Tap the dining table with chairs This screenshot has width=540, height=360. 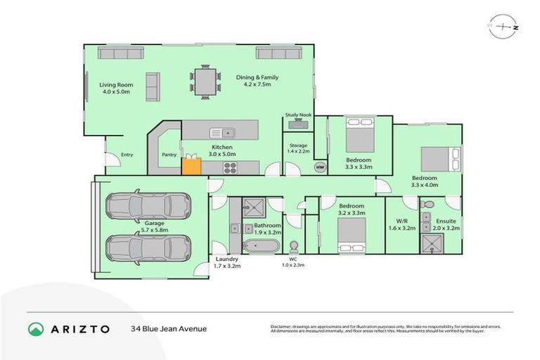click(x=205, y=82)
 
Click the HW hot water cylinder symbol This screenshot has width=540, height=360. click(x=319, y=167)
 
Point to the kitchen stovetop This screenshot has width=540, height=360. click(x=231, y=167)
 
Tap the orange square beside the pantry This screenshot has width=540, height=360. click(x=191, y=166)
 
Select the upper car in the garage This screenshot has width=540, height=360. click(x=148, y=205)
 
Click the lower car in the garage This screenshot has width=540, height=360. click(x=148, y=247)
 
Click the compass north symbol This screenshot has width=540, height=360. click(x=505, y=27)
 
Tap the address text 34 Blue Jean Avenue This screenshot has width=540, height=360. click(x=169, y=328)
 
